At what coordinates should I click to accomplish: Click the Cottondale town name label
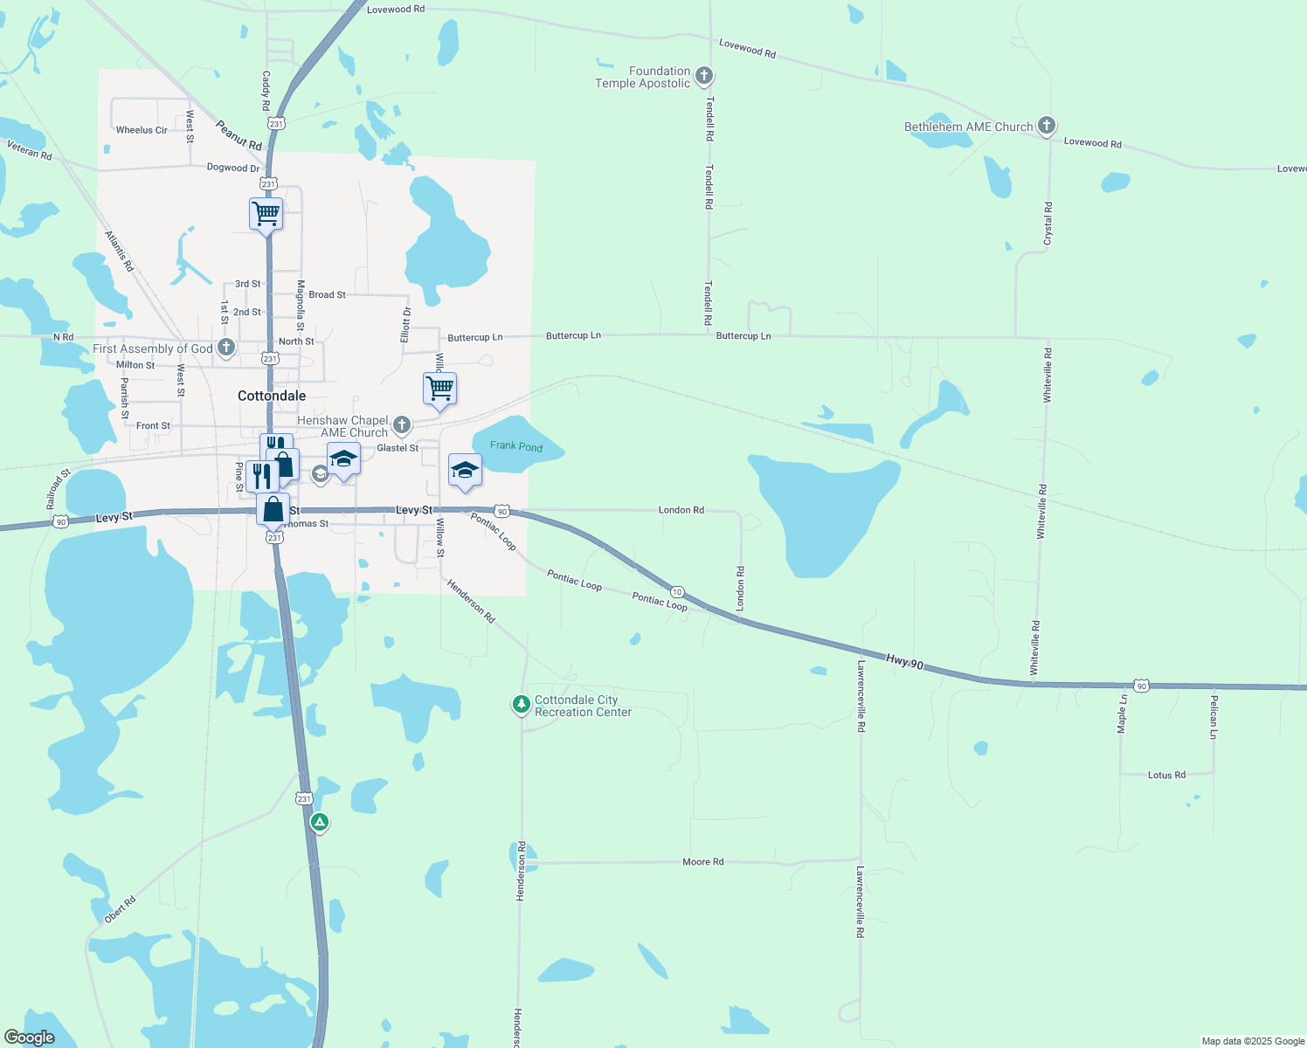pos(272,396)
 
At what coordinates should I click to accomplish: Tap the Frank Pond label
pos(516,446)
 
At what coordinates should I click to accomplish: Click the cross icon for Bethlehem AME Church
pos(1047,126)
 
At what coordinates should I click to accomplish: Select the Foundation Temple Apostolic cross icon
pos(704,76)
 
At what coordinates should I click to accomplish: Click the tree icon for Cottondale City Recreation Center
pos(522,704)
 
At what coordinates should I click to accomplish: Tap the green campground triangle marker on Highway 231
pos(320,822)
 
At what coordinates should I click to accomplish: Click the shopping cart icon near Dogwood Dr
pos(266,213)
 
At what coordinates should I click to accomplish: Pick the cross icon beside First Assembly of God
pos(226,348)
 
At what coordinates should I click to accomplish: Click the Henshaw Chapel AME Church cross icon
pos(402,425)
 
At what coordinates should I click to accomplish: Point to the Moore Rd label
pos(703,862)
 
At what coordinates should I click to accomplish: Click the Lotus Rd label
pos(1166,775)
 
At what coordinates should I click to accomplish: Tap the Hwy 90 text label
pos(904,662)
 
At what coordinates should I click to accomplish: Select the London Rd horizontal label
pos(681,510)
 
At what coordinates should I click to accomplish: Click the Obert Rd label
pos(121,909)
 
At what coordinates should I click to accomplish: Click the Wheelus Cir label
pos(142,130)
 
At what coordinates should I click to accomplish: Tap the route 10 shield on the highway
pos(677,592)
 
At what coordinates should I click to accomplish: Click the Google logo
pos(30,1038)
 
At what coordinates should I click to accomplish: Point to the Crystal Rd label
pos(1048,224)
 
